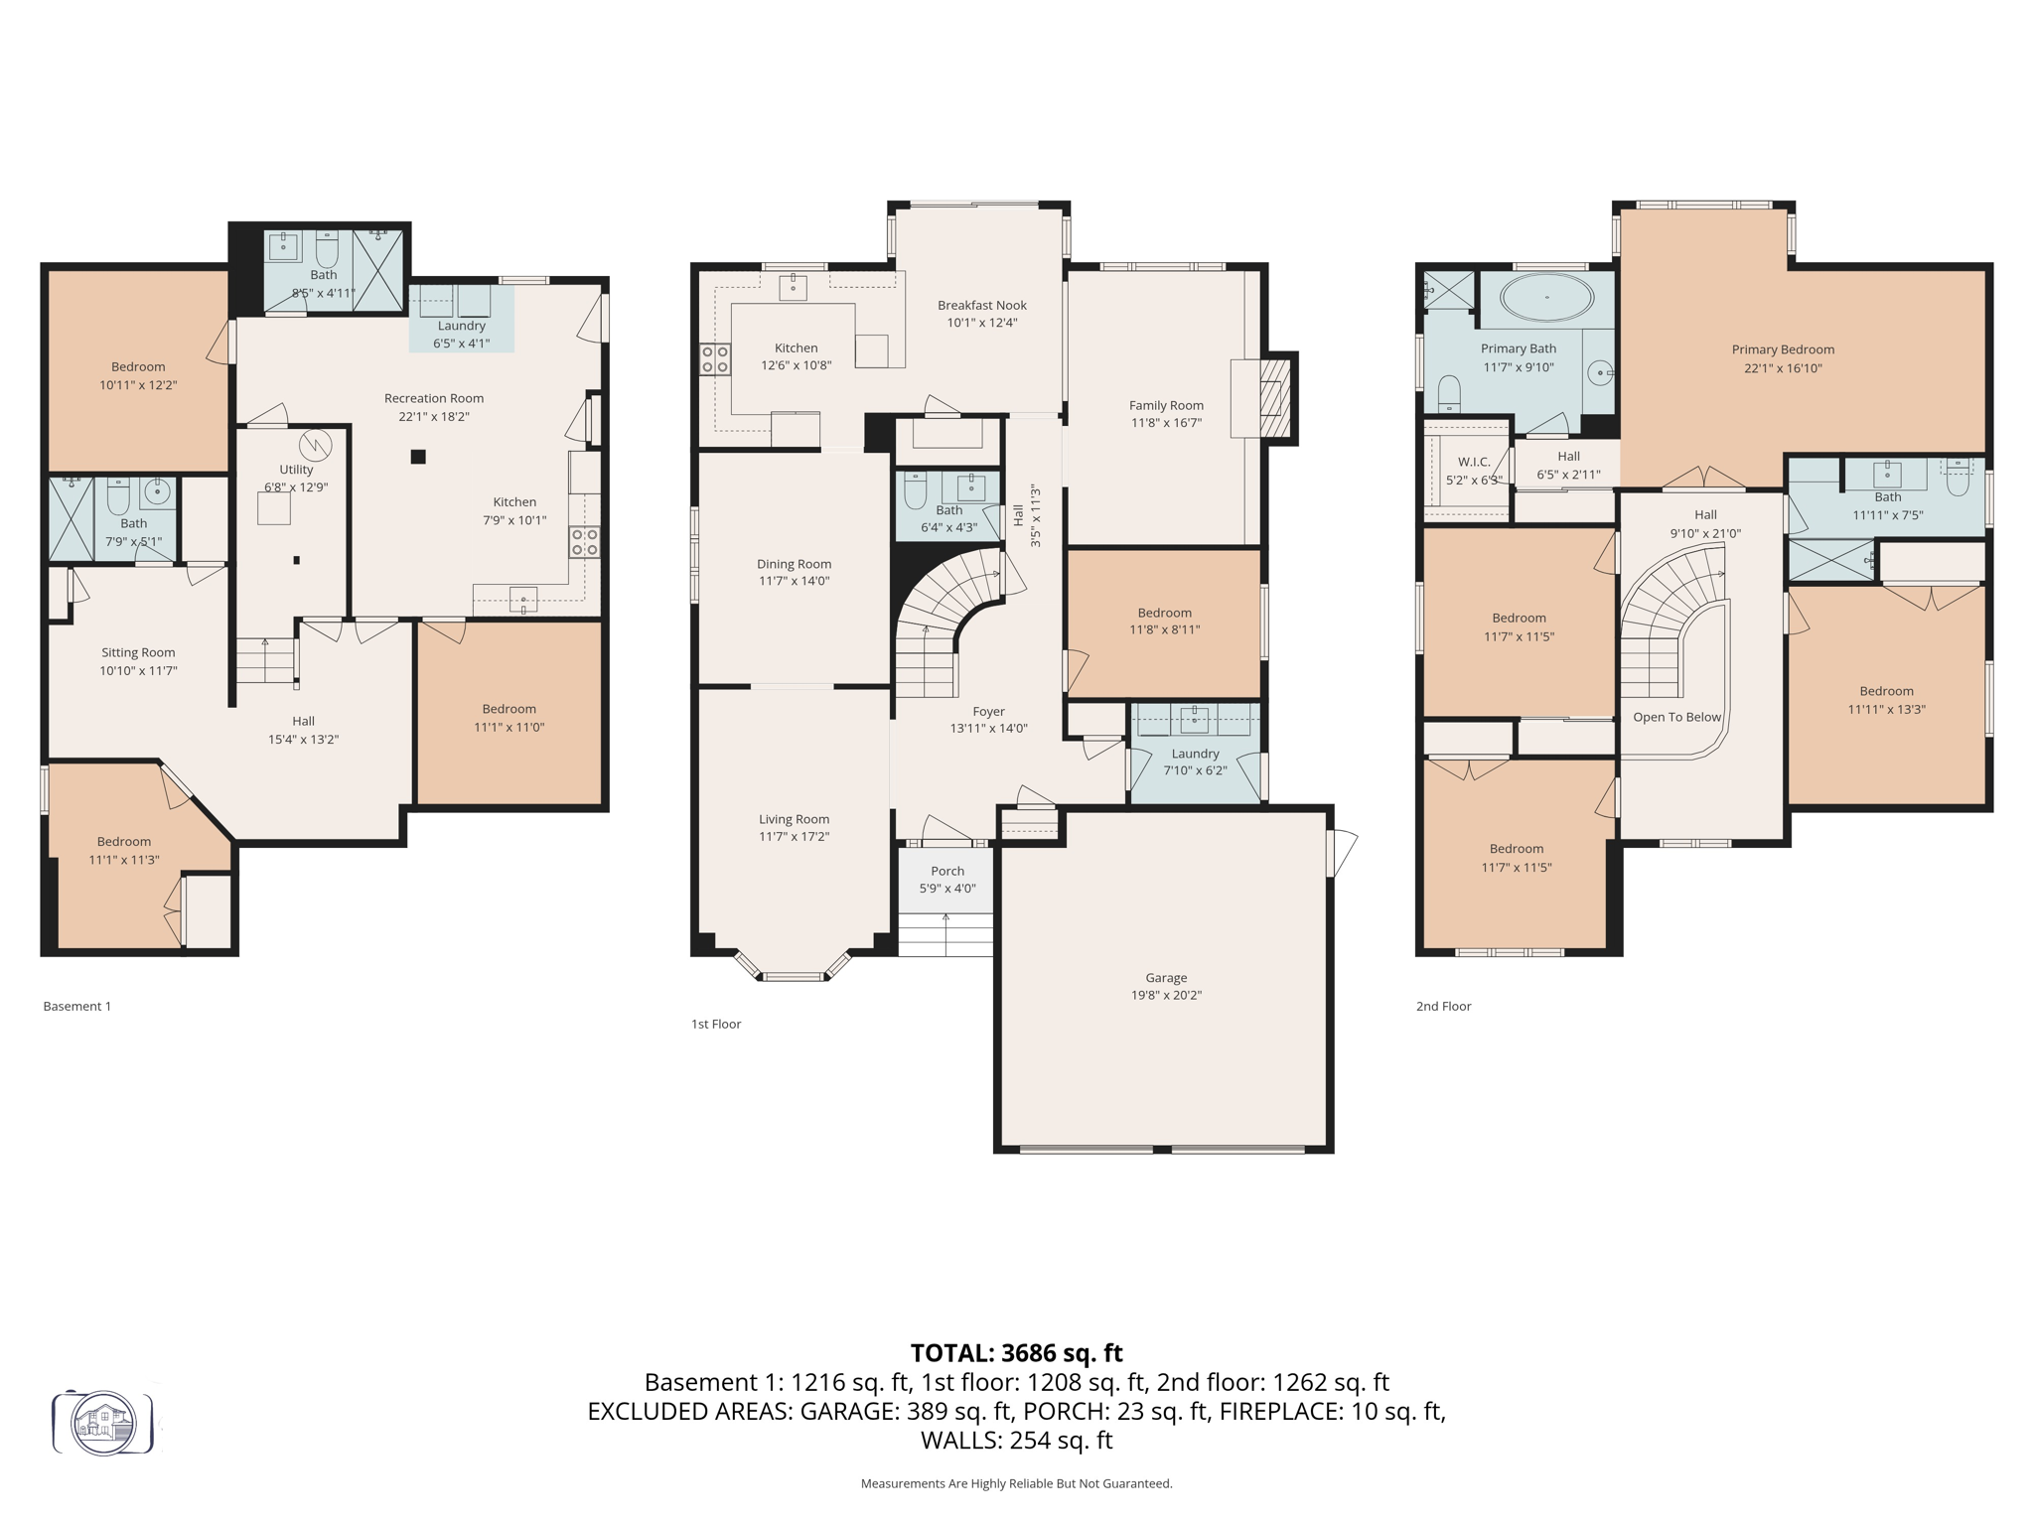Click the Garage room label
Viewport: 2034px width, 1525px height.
1166,978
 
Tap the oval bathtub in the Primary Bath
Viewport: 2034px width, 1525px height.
1546,297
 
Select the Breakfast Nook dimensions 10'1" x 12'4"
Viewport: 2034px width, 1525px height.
981,323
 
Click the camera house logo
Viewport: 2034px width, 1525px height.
103,1423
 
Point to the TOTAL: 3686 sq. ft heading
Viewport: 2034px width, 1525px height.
1016,1353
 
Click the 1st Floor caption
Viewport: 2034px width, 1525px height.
716,1024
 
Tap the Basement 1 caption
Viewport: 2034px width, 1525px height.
76,1006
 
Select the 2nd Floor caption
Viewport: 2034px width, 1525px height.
1443,1006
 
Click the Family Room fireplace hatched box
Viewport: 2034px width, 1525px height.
1275,397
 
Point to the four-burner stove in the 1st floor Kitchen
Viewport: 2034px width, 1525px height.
715,358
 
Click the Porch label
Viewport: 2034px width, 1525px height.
947,871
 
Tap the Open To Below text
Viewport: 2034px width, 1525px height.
1676,717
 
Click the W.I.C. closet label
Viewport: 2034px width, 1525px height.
1474,462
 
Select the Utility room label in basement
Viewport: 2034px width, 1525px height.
296,470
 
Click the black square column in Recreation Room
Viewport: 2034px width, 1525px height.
418,457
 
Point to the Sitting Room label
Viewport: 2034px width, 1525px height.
138,652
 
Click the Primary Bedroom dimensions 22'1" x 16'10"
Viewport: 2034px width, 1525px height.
1783,368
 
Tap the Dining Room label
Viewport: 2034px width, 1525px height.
794,564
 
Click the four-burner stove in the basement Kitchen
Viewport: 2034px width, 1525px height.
584,542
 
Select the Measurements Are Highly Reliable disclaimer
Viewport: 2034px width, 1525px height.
1016,1483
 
